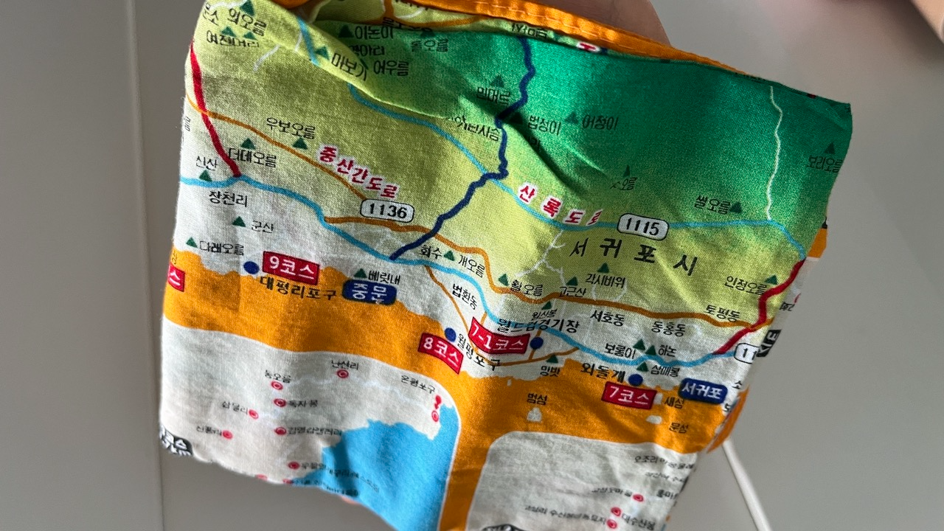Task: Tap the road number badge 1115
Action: click(643, 226)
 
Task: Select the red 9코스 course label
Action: click(291, 269)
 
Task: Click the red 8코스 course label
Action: click(440, 353)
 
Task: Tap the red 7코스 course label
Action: click(628, 395)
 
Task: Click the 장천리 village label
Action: click(229, 198)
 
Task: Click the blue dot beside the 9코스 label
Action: click(251, 267)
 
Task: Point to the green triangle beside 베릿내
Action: click(361, 274)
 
